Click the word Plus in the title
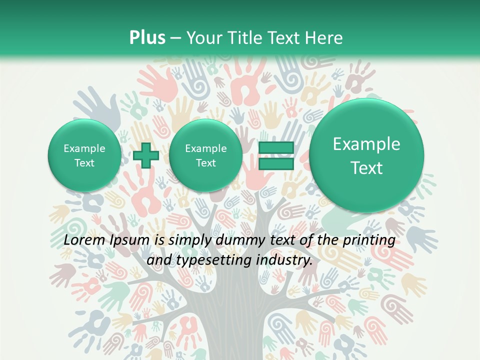pos(147,38)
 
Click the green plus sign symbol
pos(145,155)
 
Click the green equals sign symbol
pos(276,155)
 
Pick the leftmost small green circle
pos(84,155)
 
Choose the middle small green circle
pos(205,155)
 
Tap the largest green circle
pos(366,155)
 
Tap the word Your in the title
pos(203,38)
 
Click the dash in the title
pos(175,38)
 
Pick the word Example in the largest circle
pos(366,144)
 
